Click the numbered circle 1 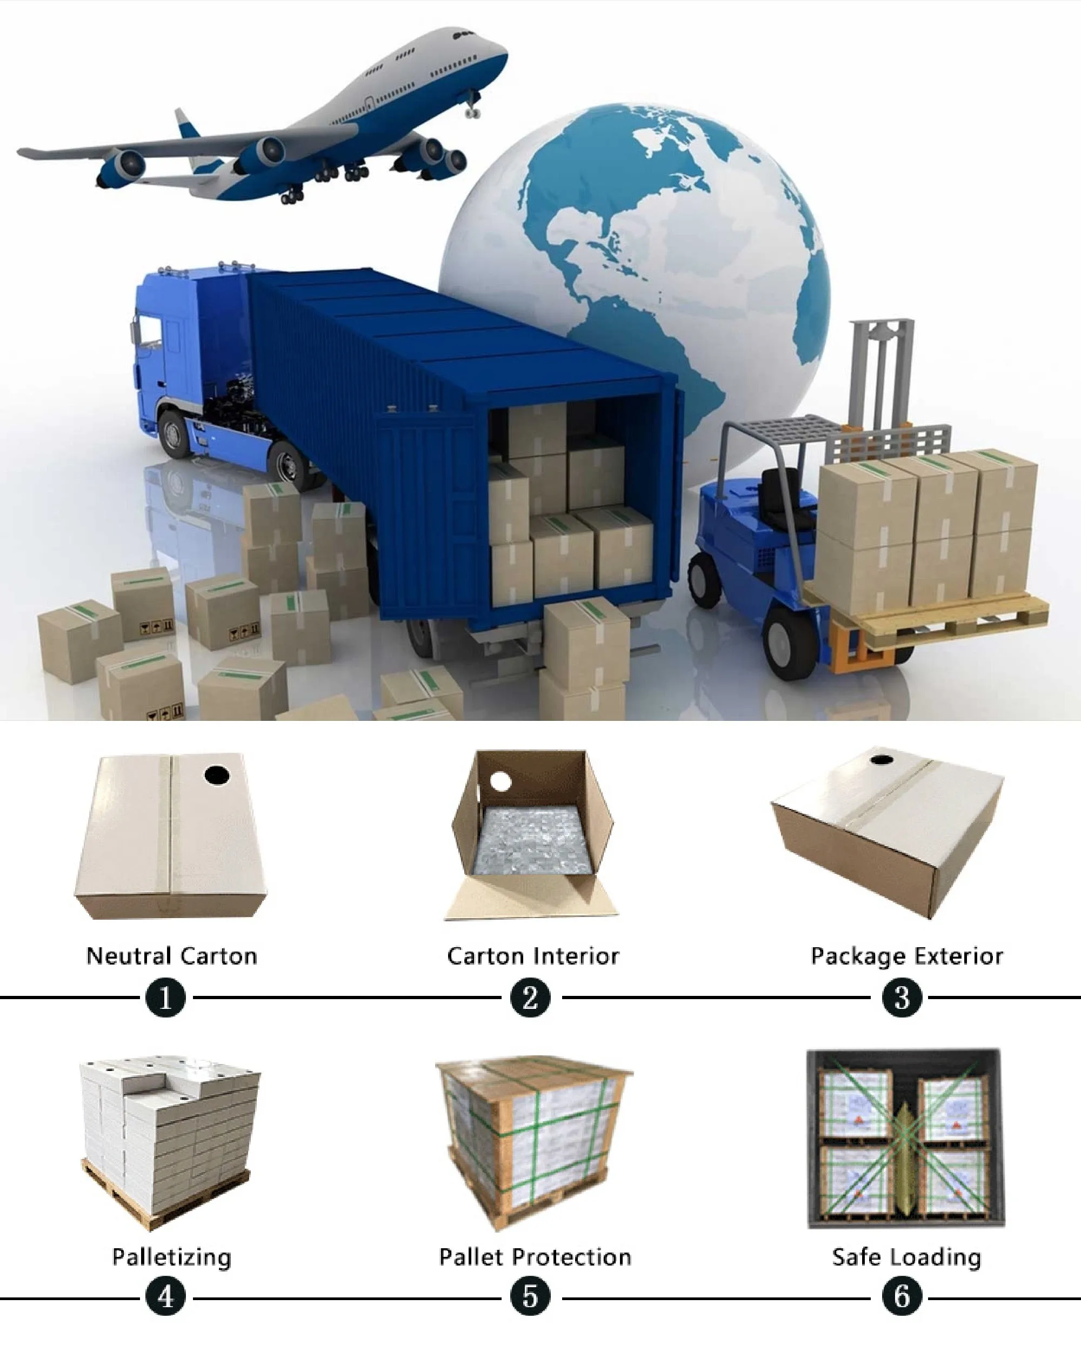pos(165,997)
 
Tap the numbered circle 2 pos(530,997)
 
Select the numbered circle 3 pos(902,997)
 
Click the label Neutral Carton pos(172,956)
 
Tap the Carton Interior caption pos(532,956)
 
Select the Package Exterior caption pos(906,956)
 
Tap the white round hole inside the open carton pos(501,782)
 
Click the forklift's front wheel pos(790,640)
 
